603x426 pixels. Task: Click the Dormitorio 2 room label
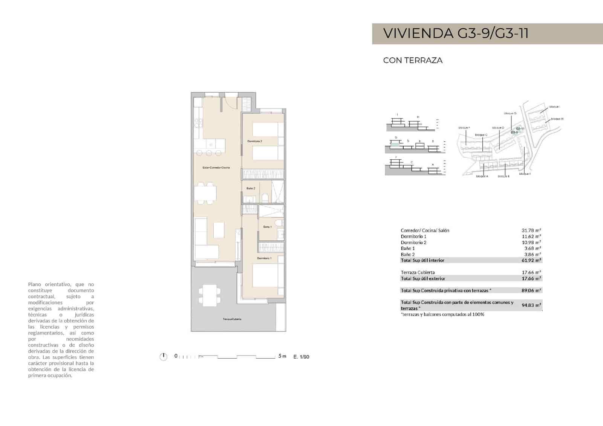click(255, 141)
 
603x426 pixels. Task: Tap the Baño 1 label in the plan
click(267, 227)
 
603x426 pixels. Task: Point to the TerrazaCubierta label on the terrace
click(232, 319)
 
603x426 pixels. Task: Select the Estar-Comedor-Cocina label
click(216, 168)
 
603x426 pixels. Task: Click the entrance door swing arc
click(229, 102)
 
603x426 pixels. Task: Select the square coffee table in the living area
click(219, 230)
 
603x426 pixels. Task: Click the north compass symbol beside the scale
click(163, 356)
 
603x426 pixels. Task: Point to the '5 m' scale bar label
click(282, 356)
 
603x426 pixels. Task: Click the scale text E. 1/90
click(301, 357)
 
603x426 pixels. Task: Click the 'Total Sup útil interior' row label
click(422, 260)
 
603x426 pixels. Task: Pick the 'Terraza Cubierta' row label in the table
click(418, 272)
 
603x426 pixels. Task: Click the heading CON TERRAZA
click(413, 60)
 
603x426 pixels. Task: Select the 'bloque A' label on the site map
click(482, 176)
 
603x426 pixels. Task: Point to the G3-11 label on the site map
click(520, 128)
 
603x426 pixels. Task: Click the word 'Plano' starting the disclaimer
click(35, 284)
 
